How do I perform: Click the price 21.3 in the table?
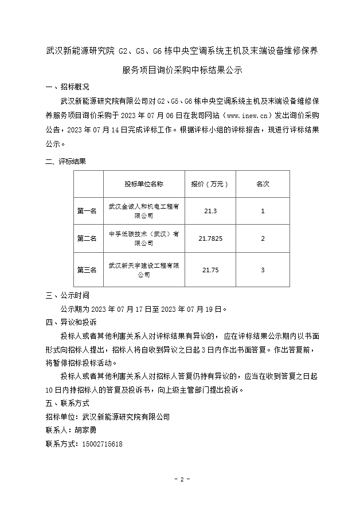[210, 211]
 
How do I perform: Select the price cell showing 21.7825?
[210, 238]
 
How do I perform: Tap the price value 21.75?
[210, 269]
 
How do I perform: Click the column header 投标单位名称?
[144, 184]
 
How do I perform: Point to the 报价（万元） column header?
[210, 184]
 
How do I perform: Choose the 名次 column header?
[263, 184]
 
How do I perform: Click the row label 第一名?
[87, 211]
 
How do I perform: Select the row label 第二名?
[87, 238]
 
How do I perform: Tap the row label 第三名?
[87, 269]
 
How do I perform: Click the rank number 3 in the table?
[263, 269]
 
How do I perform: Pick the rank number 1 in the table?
[263, 211]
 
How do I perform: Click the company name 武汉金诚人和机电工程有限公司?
[144, 211]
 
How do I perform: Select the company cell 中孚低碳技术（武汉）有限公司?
[144, 238]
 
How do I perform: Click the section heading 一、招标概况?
[68, 87]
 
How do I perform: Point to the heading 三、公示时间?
[68, 296]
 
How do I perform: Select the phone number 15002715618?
[103, 444]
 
